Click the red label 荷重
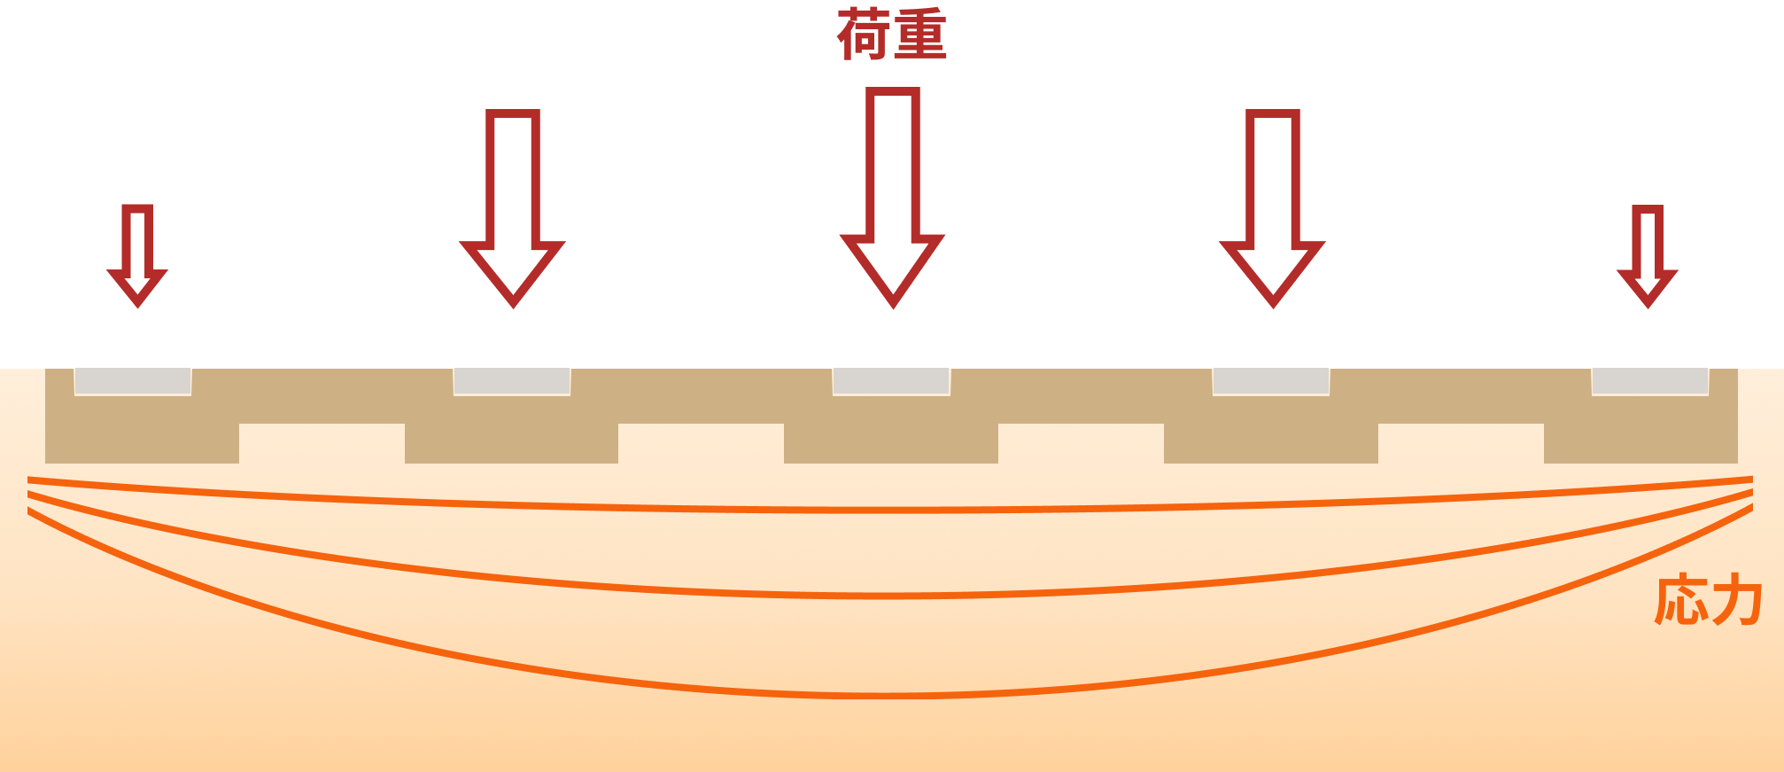click(x=892, y=35)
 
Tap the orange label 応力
click(x=1707, y=601)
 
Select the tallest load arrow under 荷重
click(x=892, y=195)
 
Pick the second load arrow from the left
click(x=512, y=208)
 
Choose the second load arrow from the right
click(x=1272, y=208)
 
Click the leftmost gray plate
click(x=133, y=382)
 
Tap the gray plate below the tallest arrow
click(x=891, y=382)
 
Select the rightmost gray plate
click(x=1649, y=382)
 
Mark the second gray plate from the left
click(x=512, y=382)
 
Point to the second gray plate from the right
click(x=1270, y=382)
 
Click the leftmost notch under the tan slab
click(x=322, y=443)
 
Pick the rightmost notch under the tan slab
click(x=1461, y=443)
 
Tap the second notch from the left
click(x=701, y=443)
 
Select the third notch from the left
click(x=1081, y=443)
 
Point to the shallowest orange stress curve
click(x=886, y=511)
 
